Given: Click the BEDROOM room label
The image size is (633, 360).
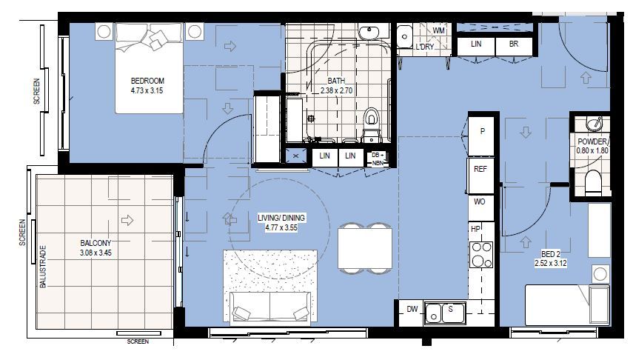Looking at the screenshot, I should click(147, 81).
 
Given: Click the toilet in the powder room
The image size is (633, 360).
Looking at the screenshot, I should click(594, 182).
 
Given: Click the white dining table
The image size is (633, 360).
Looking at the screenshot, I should click(364, 249).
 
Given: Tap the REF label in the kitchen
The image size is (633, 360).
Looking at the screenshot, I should click(480, 169).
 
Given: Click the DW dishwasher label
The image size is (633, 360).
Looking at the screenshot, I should click(412, 310).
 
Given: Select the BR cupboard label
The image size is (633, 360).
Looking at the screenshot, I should click(513, 44).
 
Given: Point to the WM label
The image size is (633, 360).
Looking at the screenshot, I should click(438, 30).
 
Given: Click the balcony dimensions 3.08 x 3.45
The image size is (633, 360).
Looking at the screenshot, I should click(96, 253).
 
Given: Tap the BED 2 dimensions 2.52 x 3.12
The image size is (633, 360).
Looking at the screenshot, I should click(551, 262).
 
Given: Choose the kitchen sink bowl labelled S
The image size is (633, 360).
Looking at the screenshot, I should click(449, 310).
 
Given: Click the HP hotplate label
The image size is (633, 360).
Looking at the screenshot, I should click(476, 229).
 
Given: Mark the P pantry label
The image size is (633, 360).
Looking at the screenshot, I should click(482, 131).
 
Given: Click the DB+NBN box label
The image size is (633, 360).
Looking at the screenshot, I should click(378, 159).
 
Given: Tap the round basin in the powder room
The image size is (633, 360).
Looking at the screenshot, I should click(594, 124).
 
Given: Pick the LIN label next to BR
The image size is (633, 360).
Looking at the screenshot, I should click(477, 44).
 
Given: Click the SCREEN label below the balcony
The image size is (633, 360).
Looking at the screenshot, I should click(138, 341).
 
